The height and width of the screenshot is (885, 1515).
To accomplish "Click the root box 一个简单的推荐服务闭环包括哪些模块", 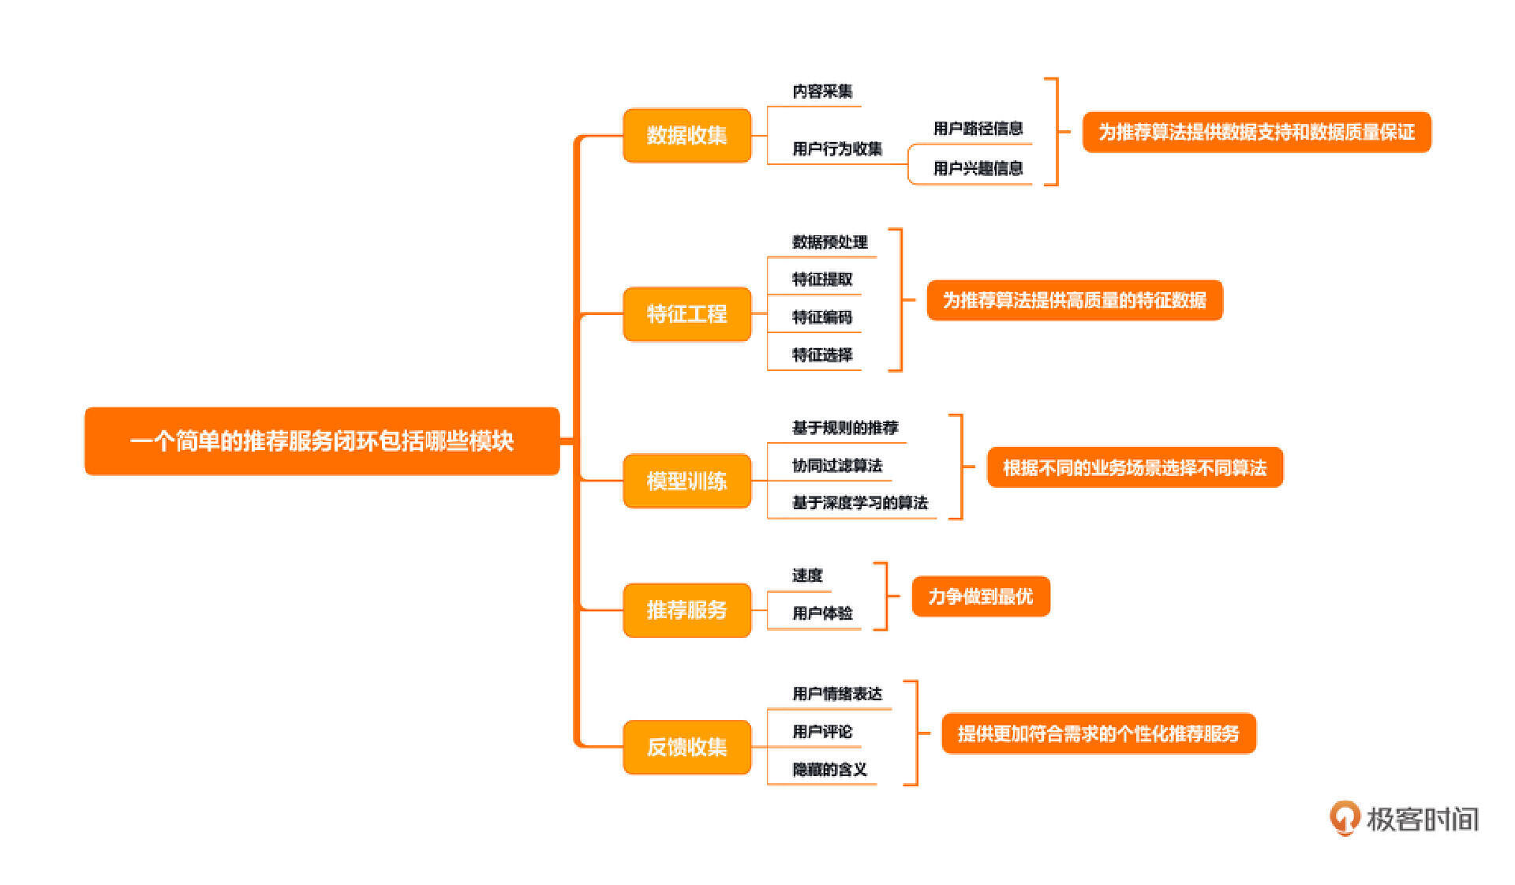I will point(322,441).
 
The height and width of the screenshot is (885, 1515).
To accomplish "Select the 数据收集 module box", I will point(686,136).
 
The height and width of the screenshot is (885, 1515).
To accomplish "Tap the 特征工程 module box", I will point(686,314).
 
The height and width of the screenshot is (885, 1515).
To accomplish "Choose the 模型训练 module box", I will point(686,481).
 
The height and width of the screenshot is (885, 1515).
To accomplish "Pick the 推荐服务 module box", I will point(686,609).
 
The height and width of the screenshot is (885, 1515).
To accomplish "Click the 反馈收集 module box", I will point(686,747).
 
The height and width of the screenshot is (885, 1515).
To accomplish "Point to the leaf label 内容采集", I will point(822,92).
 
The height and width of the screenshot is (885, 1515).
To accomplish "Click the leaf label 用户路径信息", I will point(978,129).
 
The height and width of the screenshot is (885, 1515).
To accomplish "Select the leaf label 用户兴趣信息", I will point(978,168).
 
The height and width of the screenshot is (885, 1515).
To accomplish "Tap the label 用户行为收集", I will point(837,148).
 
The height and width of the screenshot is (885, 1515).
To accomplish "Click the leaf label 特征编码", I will point(822,317).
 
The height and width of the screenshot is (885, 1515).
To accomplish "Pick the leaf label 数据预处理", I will point(829,242).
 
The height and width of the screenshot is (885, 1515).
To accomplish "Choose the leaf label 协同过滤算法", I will point(837,466).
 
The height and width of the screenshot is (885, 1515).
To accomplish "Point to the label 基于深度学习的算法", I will point(859,503).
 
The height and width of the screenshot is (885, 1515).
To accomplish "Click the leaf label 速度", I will point(807,576).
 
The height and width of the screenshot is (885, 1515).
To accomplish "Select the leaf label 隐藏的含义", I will point(829,770).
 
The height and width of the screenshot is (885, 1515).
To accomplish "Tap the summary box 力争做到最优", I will point(981,597).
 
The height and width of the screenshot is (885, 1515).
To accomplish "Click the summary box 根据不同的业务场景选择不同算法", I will point(1135,468).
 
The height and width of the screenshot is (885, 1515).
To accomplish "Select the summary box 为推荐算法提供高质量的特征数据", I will point(1075,301).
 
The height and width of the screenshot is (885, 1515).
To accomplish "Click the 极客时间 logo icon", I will point(1345,818).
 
